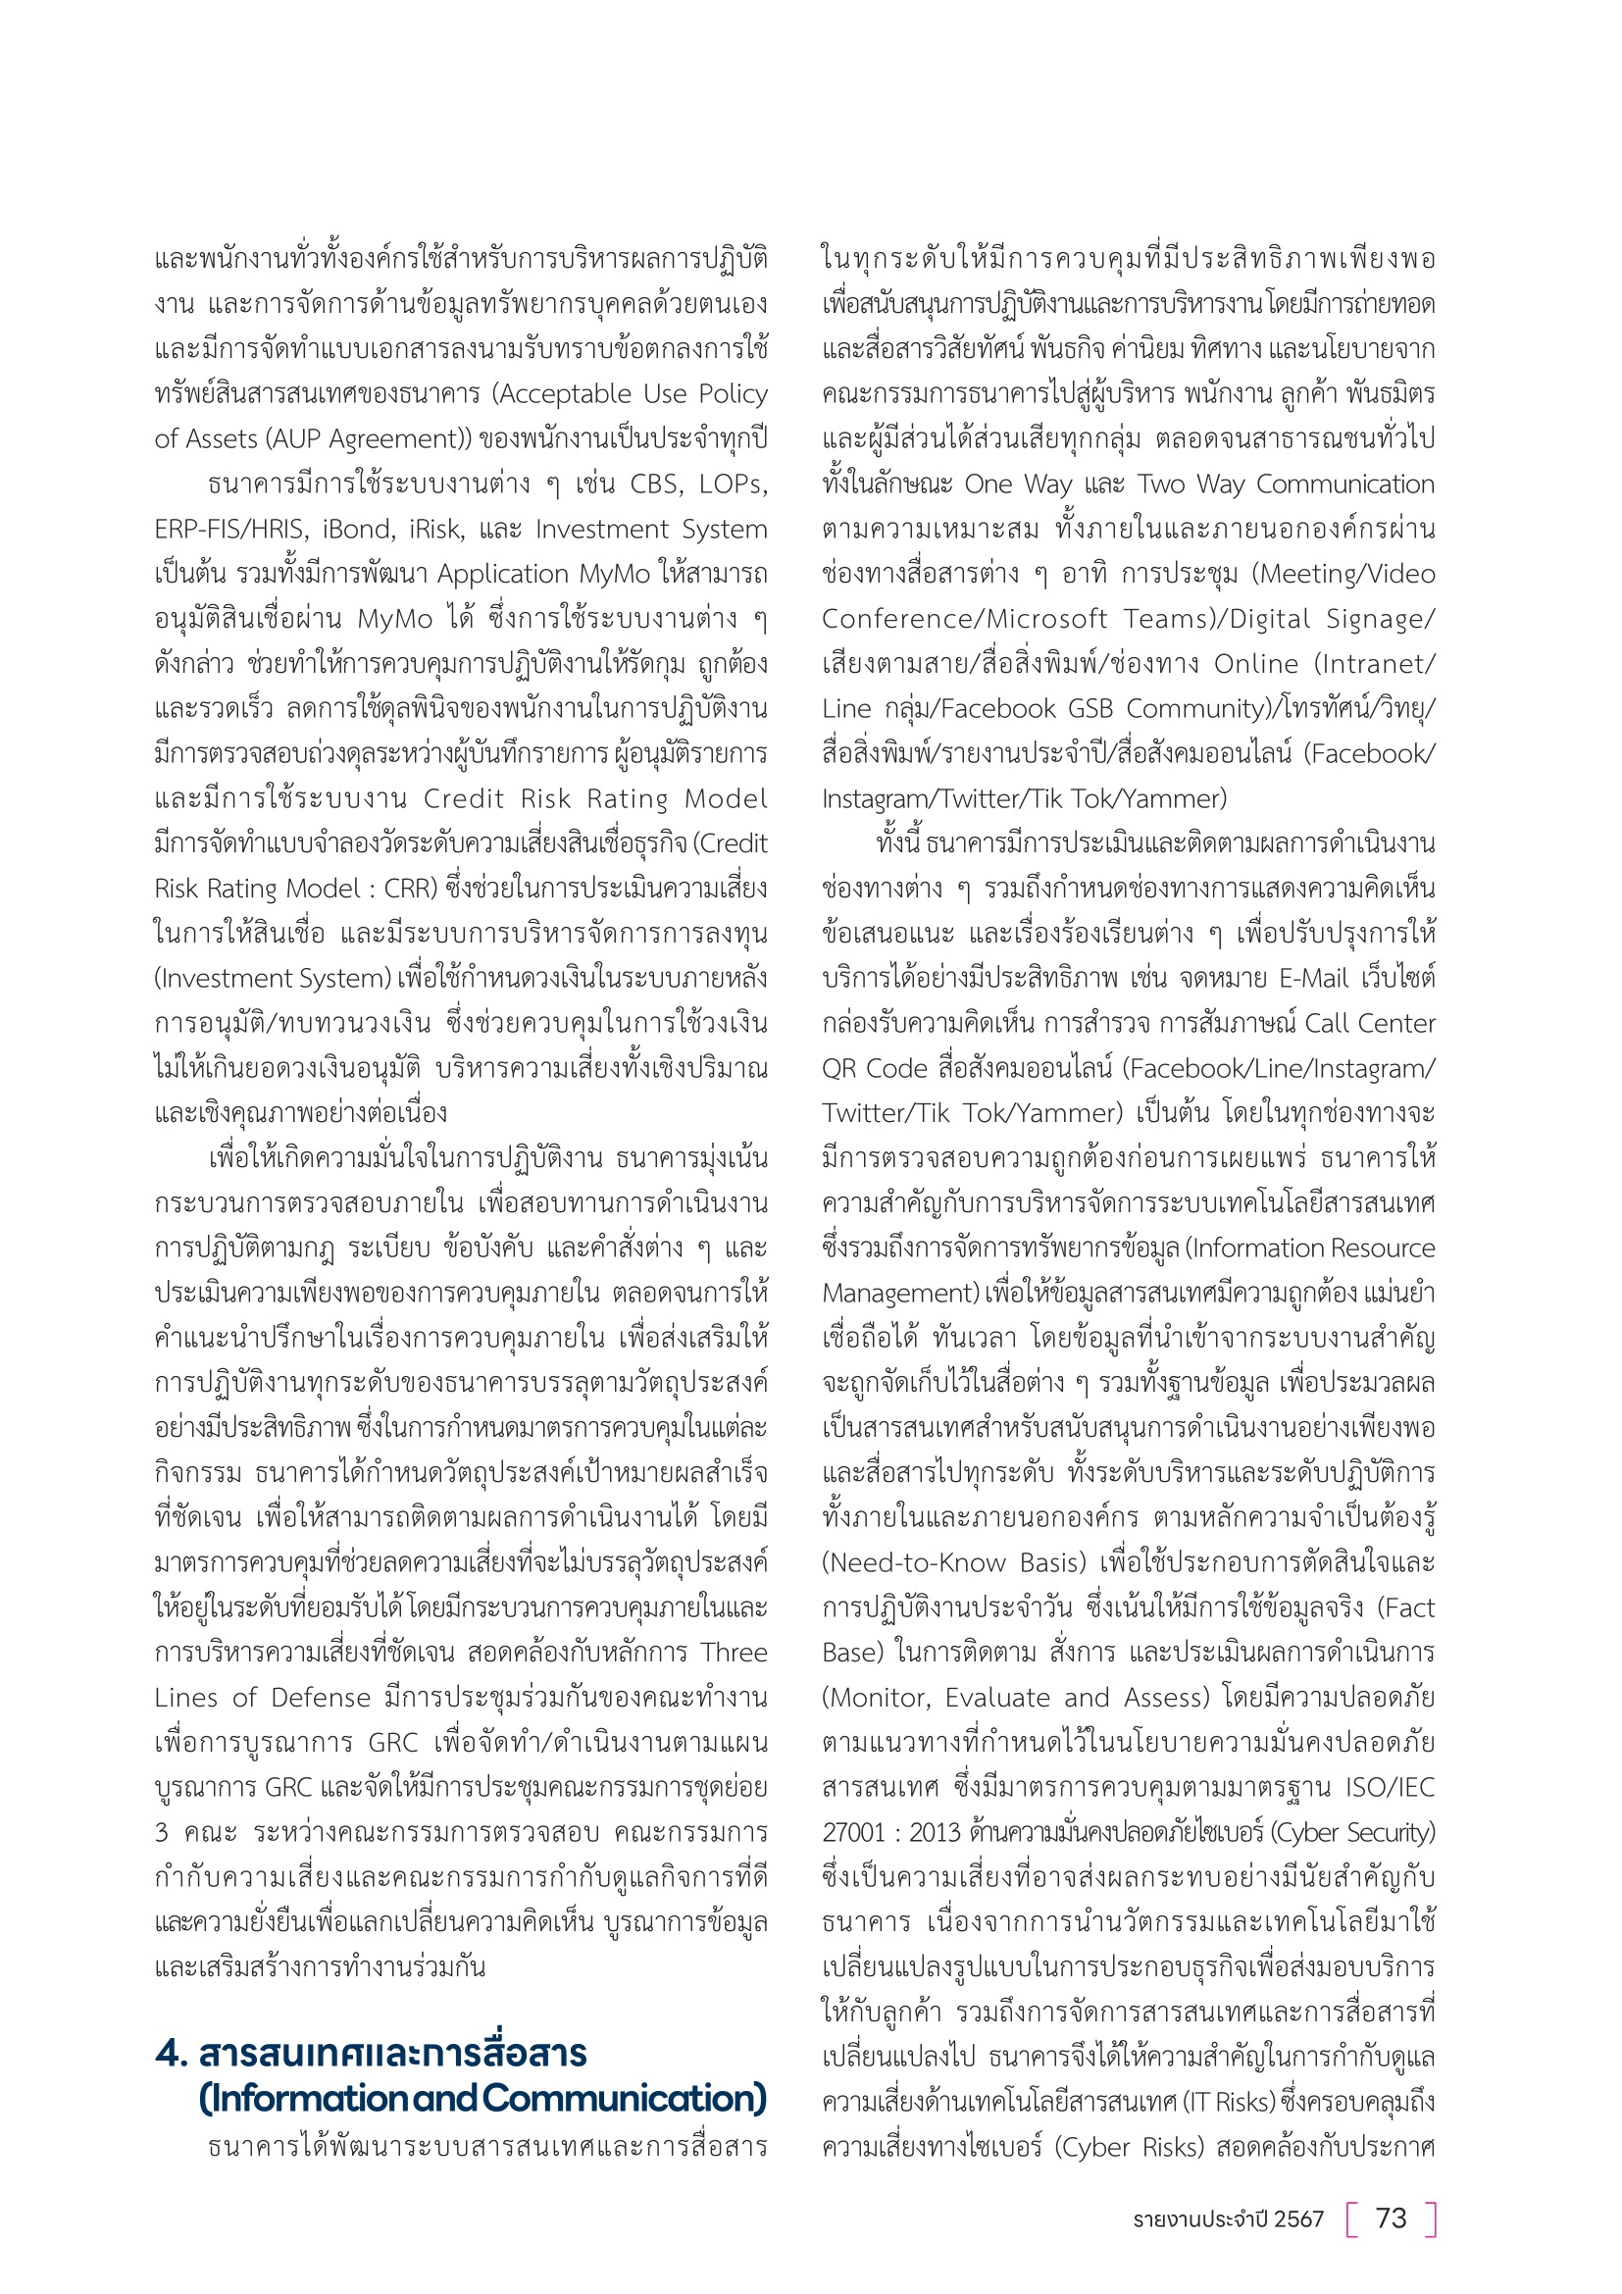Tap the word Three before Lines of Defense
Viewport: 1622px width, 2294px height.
pyautogui.click(x=734, y=1654)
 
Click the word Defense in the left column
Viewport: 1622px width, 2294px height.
pyautogui.click(x=322, y=1699)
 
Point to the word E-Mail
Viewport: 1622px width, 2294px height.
pyautogui.click(x=1313, y=979)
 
